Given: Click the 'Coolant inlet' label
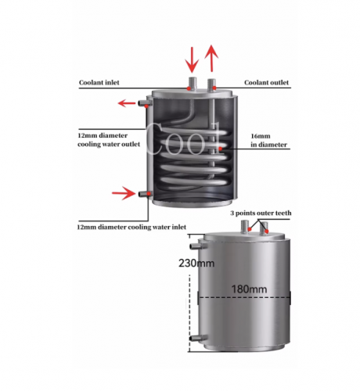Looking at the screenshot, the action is pos(99,83).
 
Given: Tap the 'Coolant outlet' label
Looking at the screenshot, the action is pos(266,83).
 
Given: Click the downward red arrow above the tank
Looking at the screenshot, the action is pos(192,59).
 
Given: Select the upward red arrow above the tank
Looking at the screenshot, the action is pos(211,58).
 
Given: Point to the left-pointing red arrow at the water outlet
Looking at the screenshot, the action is pos(127,103).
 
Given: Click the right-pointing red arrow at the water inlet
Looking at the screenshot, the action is pos(124,193).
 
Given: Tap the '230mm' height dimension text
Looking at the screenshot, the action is pos(196,264).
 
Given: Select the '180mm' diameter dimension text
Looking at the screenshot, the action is pos(249,289).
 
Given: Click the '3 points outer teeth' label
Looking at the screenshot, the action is pos(261,213).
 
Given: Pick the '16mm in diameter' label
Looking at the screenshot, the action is pos(268,140).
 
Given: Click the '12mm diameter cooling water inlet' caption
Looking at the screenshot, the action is pos(131,227).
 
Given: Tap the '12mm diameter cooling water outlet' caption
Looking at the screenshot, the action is pos(109,140).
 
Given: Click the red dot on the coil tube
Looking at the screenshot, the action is pos(221,149).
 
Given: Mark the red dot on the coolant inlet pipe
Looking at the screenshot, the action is pos(189,88).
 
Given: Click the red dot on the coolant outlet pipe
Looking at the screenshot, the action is pos(214,88).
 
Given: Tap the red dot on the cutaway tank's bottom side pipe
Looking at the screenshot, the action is pos(149,194).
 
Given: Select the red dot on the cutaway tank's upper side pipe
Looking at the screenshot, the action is pos(146,106).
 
